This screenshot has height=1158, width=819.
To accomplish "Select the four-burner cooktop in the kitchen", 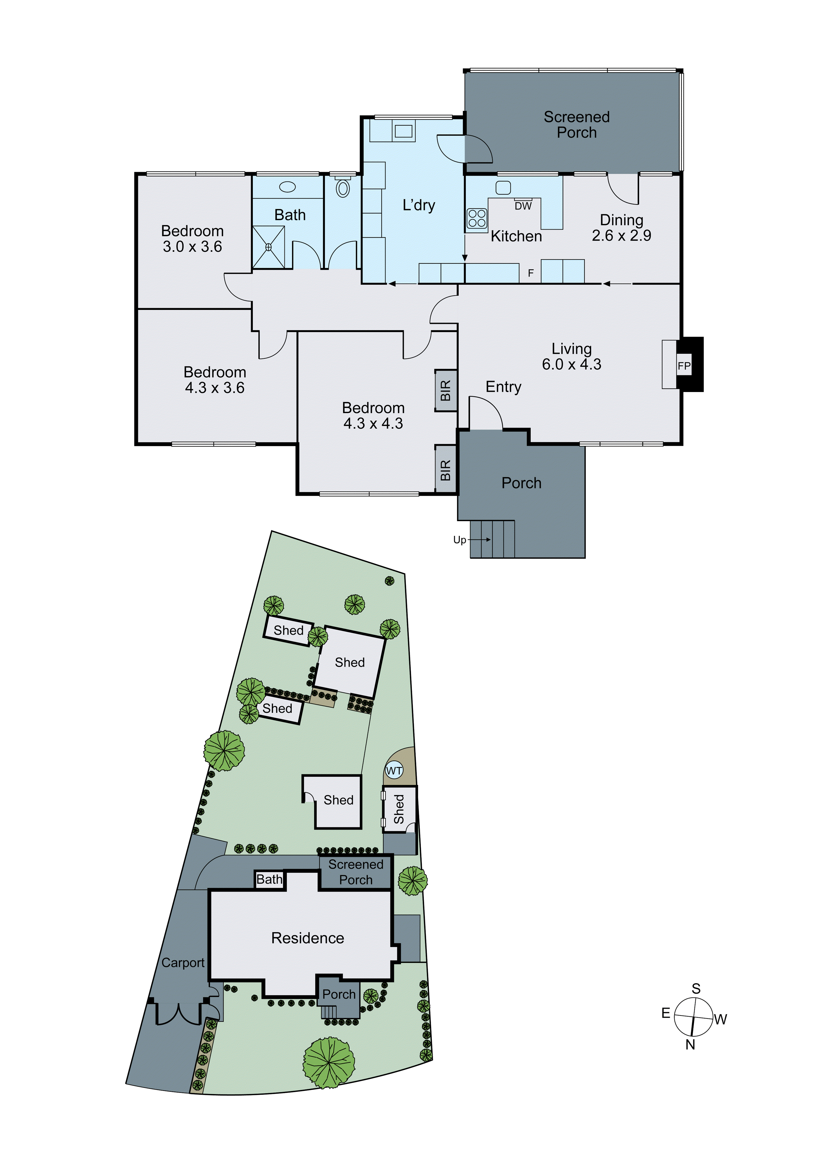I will tap(477, 219).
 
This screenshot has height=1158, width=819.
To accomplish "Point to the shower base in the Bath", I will tap(268, 247).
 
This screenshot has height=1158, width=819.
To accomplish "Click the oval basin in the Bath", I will tap(287, 187).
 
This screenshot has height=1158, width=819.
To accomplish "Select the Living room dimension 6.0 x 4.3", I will tap(571, 365).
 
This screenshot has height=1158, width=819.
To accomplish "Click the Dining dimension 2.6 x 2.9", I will tap(621, 236).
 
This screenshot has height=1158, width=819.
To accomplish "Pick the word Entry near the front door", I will tap(503, 387).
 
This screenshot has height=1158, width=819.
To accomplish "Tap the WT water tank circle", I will tap(394, 771).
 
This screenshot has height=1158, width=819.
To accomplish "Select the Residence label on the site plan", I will tap(308, 938).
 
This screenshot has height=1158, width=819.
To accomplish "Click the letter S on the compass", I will tap(696, 988).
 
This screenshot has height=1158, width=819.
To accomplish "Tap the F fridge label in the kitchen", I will tap(530, 273).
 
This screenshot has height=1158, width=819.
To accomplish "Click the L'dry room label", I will tap(419, 205).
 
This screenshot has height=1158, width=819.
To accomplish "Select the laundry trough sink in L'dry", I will tap(403, 131).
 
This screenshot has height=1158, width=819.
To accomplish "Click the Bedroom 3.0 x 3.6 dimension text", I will tap(192, 247).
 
